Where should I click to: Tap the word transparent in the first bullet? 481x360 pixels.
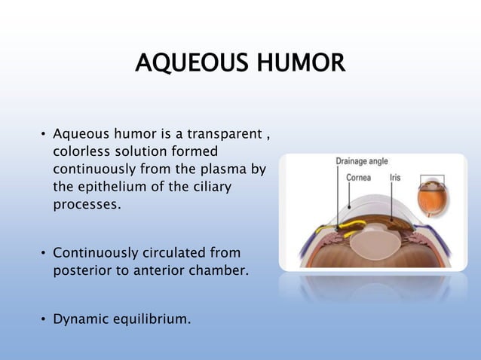[222, 136]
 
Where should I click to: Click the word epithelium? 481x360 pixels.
[113, 186]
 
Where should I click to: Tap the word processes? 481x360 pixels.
[86, 203]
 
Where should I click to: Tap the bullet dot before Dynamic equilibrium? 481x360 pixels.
[43, 319]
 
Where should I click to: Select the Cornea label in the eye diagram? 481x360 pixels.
[357, 178]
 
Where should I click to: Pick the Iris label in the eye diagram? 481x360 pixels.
[396, 178]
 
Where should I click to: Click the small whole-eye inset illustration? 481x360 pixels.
[433, 196]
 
